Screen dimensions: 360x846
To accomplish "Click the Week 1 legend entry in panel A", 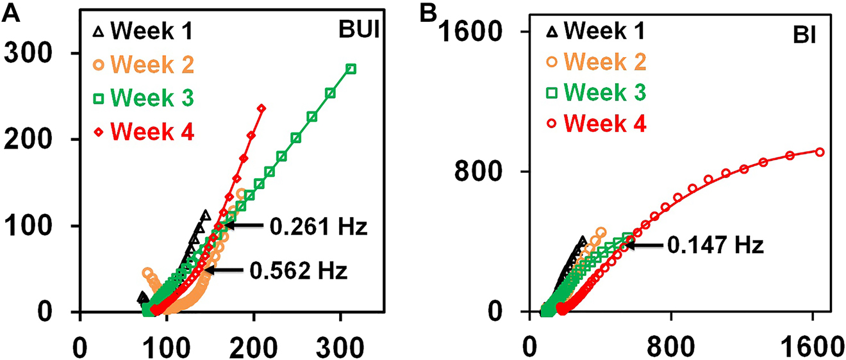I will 146,30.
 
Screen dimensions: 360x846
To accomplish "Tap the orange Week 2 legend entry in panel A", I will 145,64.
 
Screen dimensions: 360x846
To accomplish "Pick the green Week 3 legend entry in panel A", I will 146,98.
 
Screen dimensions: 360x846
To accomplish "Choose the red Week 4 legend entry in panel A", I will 146,132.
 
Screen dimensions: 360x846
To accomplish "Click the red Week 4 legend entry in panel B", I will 597,121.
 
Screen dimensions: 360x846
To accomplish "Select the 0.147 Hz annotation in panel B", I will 716,245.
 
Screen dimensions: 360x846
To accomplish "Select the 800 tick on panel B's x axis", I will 670,338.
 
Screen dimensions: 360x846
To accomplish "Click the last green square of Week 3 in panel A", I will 351,69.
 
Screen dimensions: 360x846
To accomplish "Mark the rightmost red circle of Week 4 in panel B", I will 819,152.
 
